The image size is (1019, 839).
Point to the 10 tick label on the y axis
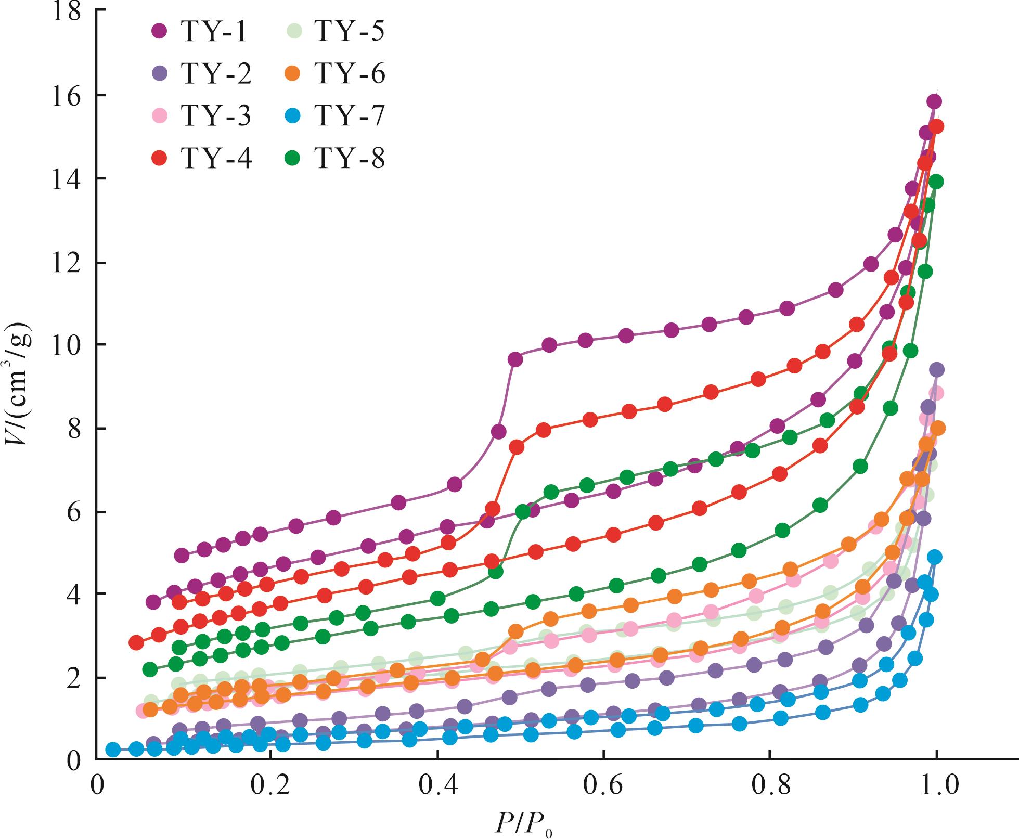coord(68,345)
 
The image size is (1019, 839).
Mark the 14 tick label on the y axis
coord(68,179)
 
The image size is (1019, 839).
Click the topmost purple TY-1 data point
coord(934,101)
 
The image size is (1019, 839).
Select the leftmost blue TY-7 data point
coord(113,750)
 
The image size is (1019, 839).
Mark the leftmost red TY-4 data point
coord(136,642)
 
